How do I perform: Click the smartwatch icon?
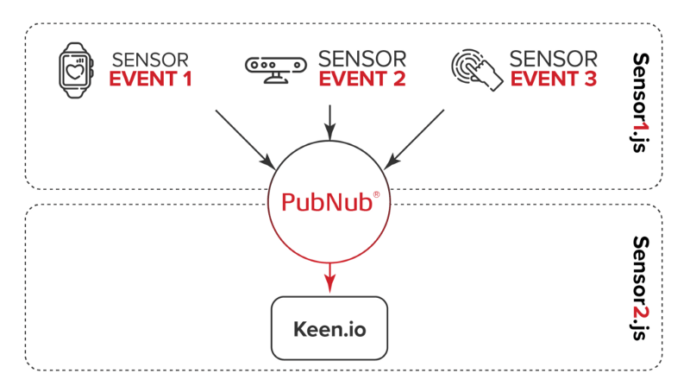(x=75, y=68)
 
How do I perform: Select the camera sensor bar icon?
(x=275, y=68)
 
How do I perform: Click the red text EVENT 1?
(x=149, y=79)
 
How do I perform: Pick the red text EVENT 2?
(x=362, y=79)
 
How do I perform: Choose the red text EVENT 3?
(x=553, y=79)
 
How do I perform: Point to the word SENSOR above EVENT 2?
(x=362, y=59)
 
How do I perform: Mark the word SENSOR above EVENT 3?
(x=553, y=59)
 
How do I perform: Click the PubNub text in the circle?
(x=326, y=203)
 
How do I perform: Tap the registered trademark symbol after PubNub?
(x=376, y=195)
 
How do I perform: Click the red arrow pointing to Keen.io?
(x=329, y=275)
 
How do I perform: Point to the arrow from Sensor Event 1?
(x=245, y=137)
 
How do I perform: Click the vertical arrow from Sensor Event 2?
(x=329, y=121)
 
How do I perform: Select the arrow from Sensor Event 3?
(x=415, y=137)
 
